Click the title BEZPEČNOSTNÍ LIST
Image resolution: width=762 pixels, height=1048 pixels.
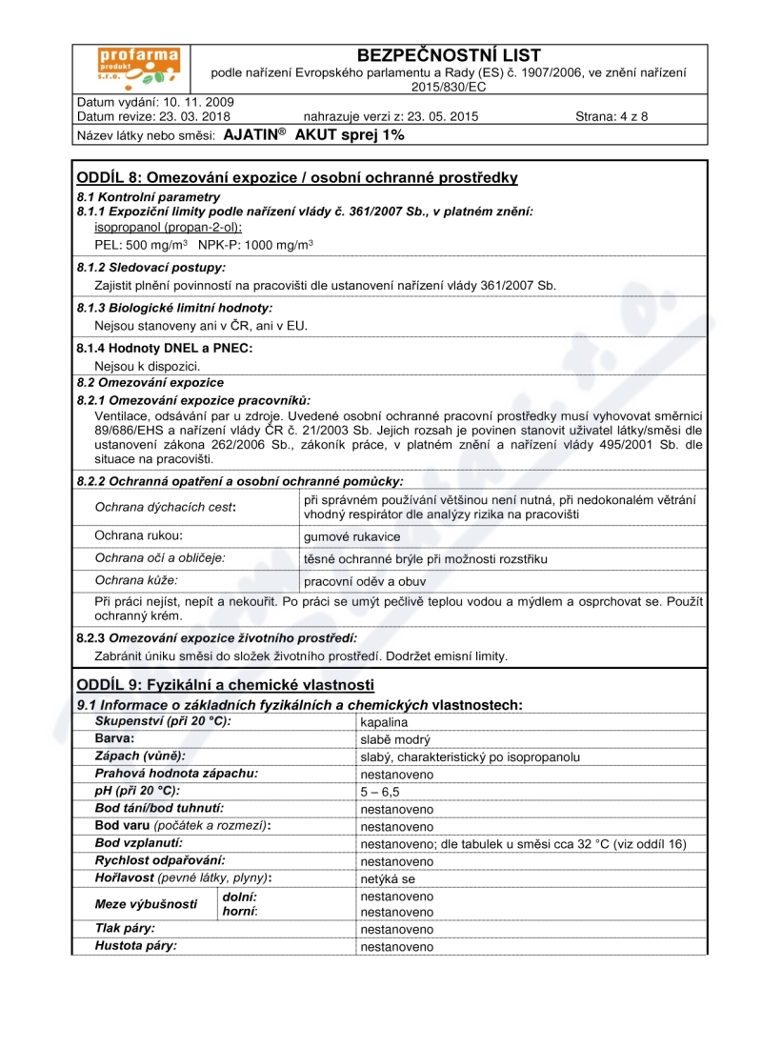coord(448,56)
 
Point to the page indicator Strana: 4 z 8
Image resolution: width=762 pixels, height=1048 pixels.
coord(612,117)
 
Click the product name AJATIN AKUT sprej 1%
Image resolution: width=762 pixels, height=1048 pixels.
coord(313,135)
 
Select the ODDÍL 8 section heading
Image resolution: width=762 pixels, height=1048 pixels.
coord(297,178)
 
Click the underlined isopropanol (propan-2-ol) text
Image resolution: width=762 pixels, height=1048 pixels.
coord(169,227)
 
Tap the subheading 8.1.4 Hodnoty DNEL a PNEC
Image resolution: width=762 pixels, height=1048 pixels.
coord(165,349)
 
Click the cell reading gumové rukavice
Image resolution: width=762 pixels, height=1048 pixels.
coord(338,536)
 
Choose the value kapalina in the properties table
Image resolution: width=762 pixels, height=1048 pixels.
coord(384,722)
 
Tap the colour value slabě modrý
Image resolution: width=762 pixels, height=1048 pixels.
coord(395,739)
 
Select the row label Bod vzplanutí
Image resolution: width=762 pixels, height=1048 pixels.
coord(139,843)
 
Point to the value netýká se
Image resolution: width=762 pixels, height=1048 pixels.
coord(388,878)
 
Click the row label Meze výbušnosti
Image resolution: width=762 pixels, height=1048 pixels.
coord(146,904)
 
